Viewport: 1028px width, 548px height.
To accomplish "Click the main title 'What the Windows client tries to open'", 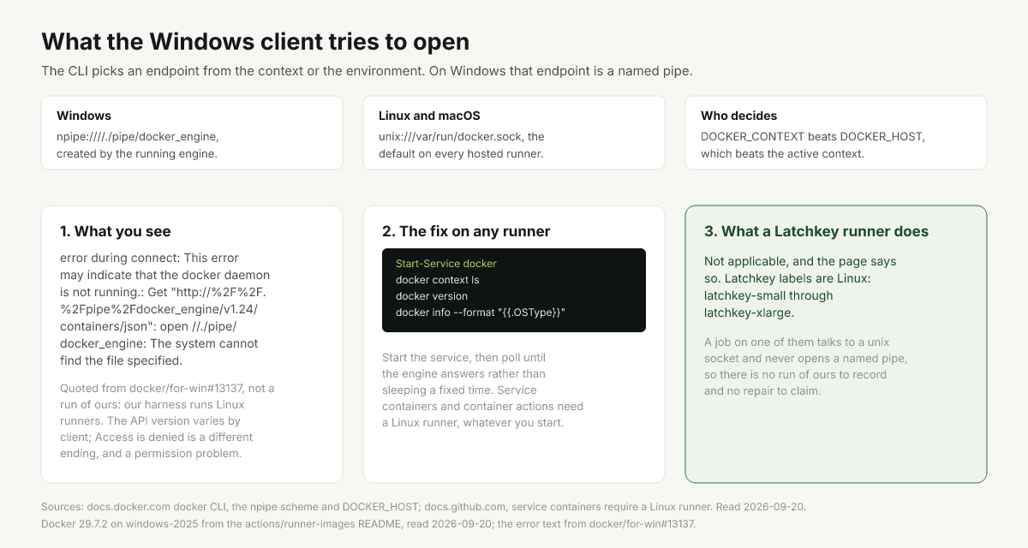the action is tap(255, 42).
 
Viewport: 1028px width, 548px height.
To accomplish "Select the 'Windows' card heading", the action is tap(84, 116).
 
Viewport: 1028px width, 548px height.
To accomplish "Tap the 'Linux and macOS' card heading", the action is tap(429, 116).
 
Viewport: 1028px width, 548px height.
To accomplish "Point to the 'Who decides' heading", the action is tap(738, 116).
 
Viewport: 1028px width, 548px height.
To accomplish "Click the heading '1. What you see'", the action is tap(115, 231).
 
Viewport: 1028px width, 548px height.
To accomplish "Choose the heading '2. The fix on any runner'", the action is tap(466, 231).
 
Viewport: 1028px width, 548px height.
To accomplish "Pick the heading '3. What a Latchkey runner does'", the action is tap(816, 231).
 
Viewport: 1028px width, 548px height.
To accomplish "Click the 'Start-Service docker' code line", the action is tap(446, 264).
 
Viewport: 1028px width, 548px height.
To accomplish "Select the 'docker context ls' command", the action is tap(438, 280).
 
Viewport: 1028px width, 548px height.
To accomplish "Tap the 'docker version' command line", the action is tap(432, 296).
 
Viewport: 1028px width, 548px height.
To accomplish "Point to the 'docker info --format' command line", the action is tap(481, 313).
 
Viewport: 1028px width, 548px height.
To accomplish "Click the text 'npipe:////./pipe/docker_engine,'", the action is tap(138, 137).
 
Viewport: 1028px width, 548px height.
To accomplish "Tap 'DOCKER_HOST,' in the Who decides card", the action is tap(882, 137).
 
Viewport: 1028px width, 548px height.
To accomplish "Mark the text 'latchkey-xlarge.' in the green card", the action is tap(749, 313).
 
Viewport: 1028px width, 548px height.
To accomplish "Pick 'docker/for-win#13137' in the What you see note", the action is tap(186, 389).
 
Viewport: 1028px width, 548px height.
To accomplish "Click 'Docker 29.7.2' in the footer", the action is tap(75, 524).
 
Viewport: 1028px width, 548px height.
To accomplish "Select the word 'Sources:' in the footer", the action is tap(63, 507).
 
